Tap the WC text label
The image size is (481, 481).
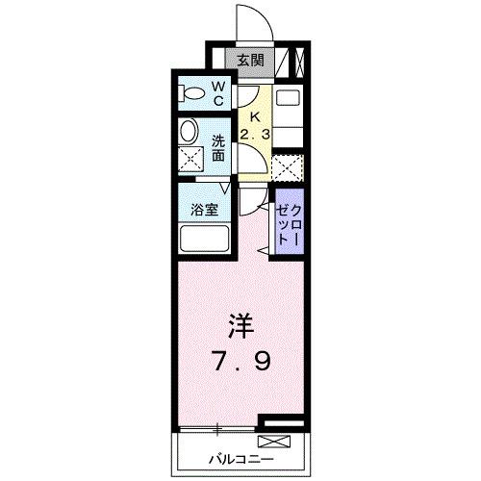[218, 93]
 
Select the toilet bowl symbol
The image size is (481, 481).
[193, 93]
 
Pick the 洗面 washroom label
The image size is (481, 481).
[218, 145]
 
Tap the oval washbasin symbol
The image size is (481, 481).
[190, 132]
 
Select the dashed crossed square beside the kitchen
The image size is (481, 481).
[287, 167]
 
